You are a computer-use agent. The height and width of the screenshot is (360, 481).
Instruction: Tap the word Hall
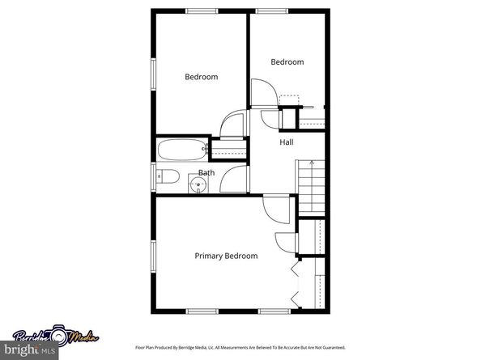pos(287,142)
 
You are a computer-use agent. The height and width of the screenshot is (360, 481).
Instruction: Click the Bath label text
pos(206,172)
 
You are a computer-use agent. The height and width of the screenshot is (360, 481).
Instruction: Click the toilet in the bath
pos(166,176)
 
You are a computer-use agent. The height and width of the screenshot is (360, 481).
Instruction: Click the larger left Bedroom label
pos(201,77)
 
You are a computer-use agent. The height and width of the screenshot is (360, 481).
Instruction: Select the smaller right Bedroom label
pos(287,61)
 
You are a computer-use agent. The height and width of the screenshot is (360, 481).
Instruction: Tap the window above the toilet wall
pos(153,176)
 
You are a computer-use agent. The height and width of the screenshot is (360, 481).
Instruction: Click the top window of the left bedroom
pos(202,11)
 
